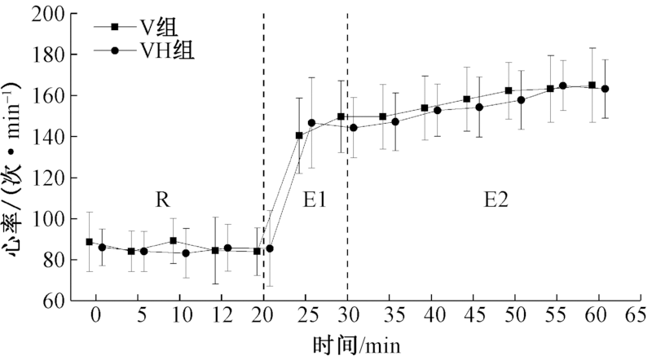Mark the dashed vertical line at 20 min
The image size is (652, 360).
[x=263, y=163]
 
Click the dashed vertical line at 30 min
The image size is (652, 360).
[x=347, y=163]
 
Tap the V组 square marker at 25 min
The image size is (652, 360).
[x=299, y=135]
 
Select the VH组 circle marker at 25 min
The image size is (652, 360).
[x=311, y=123]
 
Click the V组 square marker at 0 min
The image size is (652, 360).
[x=89, y=242]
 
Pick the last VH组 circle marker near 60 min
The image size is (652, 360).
[x=605, y=89]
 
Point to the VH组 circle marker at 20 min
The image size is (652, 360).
[x=270, y=248]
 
